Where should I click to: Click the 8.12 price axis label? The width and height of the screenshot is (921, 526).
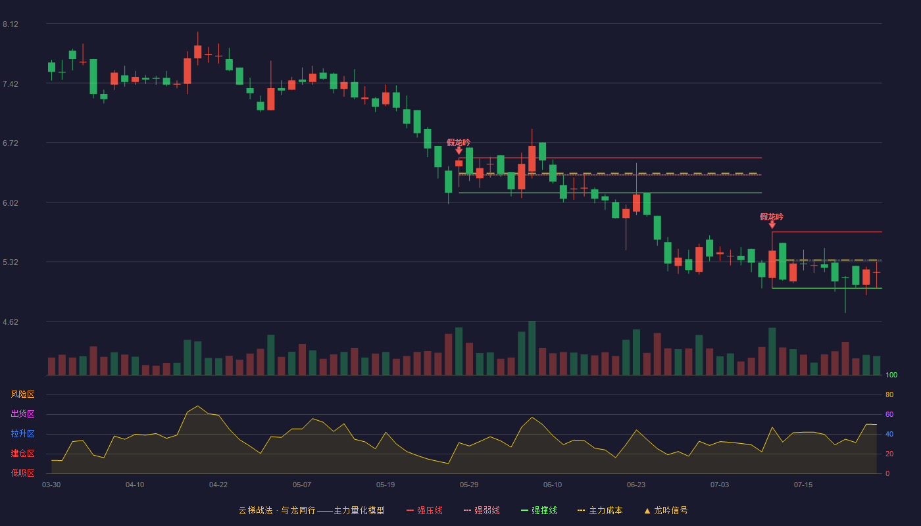(11, 24)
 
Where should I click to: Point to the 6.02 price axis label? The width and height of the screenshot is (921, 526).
(11, 203)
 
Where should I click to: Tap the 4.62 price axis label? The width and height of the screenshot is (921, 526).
(11, 322)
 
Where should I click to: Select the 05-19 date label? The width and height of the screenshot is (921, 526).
(386, 485)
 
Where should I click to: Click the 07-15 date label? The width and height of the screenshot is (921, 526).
(803, 485)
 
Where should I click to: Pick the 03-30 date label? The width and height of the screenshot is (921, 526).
(51, 485)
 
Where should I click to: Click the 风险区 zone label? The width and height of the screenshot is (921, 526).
(22, 394)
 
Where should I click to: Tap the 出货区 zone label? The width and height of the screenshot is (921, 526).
(22, 414)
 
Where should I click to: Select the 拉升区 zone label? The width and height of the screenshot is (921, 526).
(22, 433)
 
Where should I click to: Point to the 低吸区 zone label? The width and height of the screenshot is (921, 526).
(22, 473)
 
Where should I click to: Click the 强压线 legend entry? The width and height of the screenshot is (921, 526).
(424, 510)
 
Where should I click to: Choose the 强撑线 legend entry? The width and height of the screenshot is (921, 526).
(539, 510)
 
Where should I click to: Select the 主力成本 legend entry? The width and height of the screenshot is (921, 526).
(600, 510)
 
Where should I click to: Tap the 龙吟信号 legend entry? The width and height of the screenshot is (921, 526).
(666, 510)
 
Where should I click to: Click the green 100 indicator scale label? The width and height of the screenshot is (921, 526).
(891, 375)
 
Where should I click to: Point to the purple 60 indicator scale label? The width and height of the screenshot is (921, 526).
(889, 414)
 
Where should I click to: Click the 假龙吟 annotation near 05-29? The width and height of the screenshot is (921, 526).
(459, 143)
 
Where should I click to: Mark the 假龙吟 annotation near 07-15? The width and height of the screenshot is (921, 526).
(772, 216)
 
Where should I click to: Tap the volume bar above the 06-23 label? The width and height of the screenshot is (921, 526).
(637, 352)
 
